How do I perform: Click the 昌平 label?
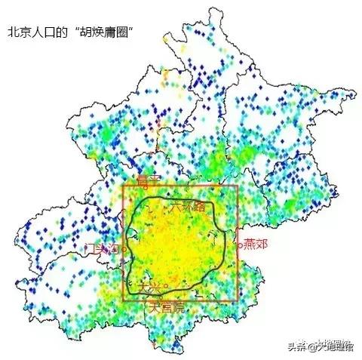pos(149,181)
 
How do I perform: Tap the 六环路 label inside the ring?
pos(188,205)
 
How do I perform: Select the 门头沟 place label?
pos(103,248)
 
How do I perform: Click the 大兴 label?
pos(149,287)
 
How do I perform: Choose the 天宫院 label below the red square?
pos(164,307)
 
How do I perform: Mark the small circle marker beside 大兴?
pos(165,285)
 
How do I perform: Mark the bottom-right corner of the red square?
pos(238,301)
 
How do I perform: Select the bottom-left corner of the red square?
pos(122,301)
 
